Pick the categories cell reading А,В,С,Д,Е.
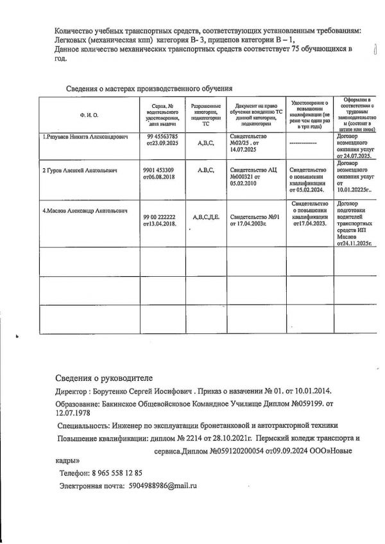pyautogui.click(x=206, y=218)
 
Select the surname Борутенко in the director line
pyautogui.click(x=105, y=391)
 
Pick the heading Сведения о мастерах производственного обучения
pyautogui.click(x=149, y=88)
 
